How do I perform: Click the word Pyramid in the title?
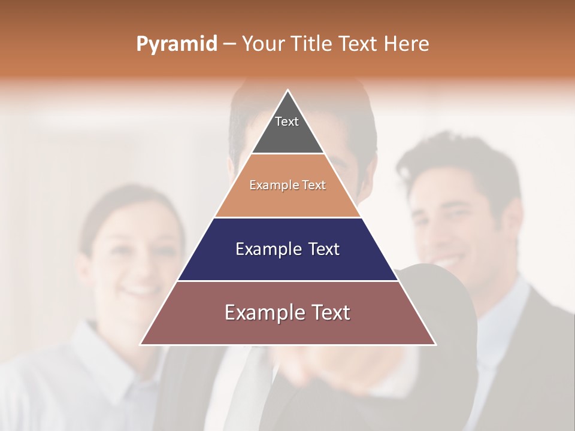click(176, 44)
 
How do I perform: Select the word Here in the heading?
click(407, 44)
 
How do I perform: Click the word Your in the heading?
click(262, 44)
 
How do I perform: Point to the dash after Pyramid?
click(229, 44)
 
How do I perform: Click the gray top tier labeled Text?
click(287, 129)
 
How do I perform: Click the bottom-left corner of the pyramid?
click(141, 344)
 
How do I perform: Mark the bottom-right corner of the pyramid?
click(435, 344)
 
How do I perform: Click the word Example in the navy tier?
click(267, 249)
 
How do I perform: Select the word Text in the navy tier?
click(322, 249)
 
